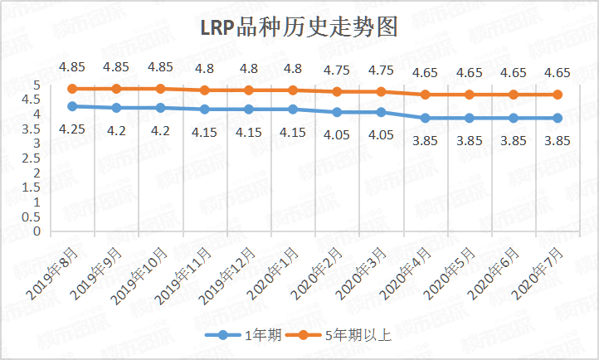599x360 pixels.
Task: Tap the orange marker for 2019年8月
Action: [73, 88]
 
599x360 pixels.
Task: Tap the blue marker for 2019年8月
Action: [73, 106]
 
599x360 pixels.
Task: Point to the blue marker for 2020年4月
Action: [426, 118]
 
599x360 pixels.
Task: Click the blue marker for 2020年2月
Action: [337, 112]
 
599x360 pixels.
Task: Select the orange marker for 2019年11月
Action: [205, 90]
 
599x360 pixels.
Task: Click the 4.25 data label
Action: [73, 129]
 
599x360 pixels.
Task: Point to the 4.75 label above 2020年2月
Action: [337, 70]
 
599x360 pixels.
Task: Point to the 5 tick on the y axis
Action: [37, 85]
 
